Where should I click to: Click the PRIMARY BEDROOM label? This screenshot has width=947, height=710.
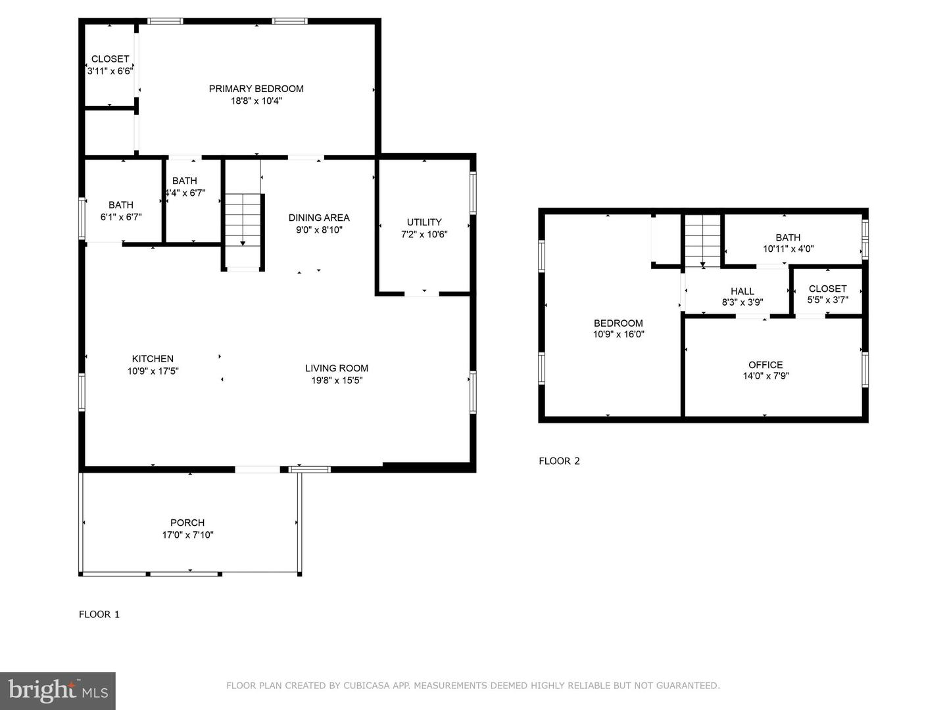click(x=256, y=89)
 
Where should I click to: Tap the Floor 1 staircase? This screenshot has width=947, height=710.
click(x=243, y=230)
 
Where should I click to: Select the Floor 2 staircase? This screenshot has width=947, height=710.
click(x=702, y=241)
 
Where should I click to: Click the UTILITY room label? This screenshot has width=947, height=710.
click(x=424, y=222)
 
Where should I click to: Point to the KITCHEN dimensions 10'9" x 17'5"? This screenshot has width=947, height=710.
click(x=153, y=371)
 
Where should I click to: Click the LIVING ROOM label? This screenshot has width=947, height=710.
click(x=336, y=368)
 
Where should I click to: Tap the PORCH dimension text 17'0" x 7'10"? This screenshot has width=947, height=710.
click(x=187, y=535)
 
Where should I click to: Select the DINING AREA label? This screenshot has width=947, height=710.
click(x=319, y=218)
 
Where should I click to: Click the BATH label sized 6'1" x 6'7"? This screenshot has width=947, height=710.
click(x=121, y=205)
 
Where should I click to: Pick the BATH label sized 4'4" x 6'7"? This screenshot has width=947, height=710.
click(x=185, y=181)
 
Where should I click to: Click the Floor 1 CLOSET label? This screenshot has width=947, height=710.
click(x=110, y=59)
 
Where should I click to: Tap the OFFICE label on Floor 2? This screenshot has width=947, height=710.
click(x=765, y=365)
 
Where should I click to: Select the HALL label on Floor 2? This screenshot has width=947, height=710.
click(x=742, y=291)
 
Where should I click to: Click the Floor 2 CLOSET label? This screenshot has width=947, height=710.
click(x=827, y=289)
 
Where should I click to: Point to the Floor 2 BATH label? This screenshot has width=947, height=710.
click(x=788, y=237)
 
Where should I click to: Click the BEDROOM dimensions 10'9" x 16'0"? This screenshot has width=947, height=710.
click(x=618, y=334)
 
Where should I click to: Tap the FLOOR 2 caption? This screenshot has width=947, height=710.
click(x=559, y=461)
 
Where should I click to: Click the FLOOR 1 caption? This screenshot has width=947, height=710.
click(x=99, y=615)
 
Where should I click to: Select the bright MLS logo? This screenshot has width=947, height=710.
click(x=58, y=690)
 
